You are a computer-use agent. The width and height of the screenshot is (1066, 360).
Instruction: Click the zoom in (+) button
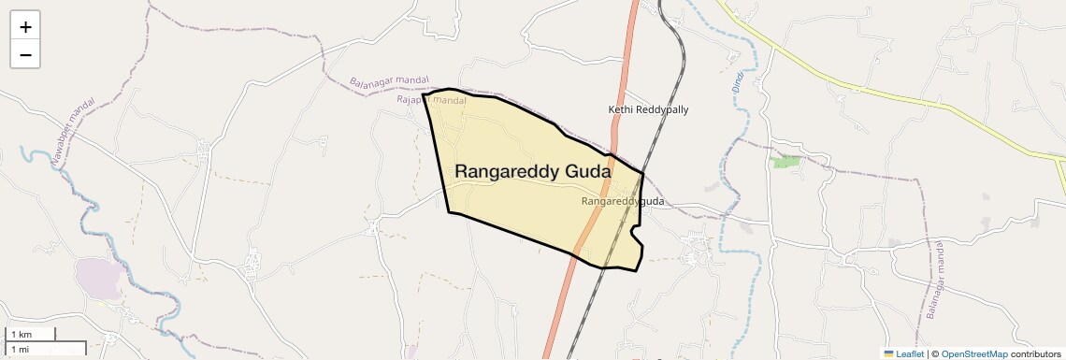[x=25, y=27]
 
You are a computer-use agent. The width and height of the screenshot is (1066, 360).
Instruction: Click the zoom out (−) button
[x=25, y=55]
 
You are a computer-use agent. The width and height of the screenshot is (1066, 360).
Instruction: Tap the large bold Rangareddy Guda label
[x=533, y=172]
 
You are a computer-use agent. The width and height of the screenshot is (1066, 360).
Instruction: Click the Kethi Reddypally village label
[x=648, y=109]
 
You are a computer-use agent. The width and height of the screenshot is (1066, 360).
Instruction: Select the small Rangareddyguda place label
[x=622, y=201]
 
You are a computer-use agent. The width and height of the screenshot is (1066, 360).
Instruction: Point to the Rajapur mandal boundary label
[x=431, y=100]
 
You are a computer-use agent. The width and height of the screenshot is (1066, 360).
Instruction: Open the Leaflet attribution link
[x=909, y=353]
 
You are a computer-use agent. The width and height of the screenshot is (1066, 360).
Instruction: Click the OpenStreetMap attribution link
[x=973, y=353]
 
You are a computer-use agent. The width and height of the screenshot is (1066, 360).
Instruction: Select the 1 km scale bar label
[x=22, y=334]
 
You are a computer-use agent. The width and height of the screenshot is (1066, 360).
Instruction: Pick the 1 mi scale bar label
[x=20, y=349]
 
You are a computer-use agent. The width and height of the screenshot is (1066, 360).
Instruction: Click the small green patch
[x=785, y=162]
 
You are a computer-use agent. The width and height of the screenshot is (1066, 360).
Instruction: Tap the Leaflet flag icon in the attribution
[x=888, y=353]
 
